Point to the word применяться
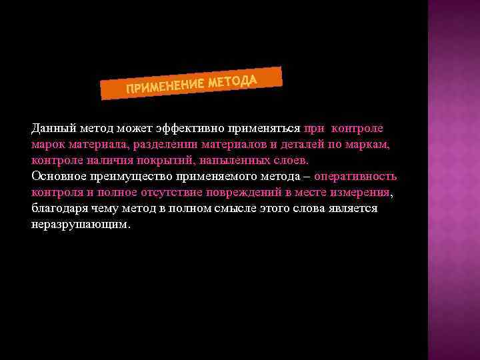263,128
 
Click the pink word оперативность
355,177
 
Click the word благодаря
58,209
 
